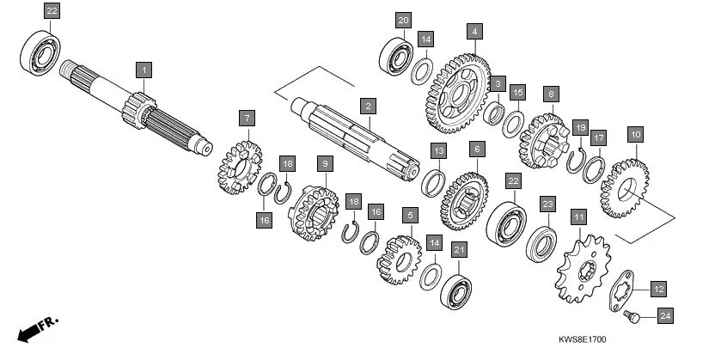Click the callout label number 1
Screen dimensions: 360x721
click(x=144, y=68)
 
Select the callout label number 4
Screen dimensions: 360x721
click(x=474, y=32)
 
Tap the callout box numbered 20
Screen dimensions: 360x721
click(x=404, y=20)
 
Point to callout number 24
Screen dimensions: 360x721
click(x=664, y=316)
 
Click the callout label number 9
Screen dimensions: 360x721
click(x=324, y=162)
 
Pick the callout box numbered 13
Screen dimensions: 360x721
click(x=438, y=151)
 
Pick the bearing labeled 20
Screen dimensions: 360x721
click(x=396, y=56)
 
